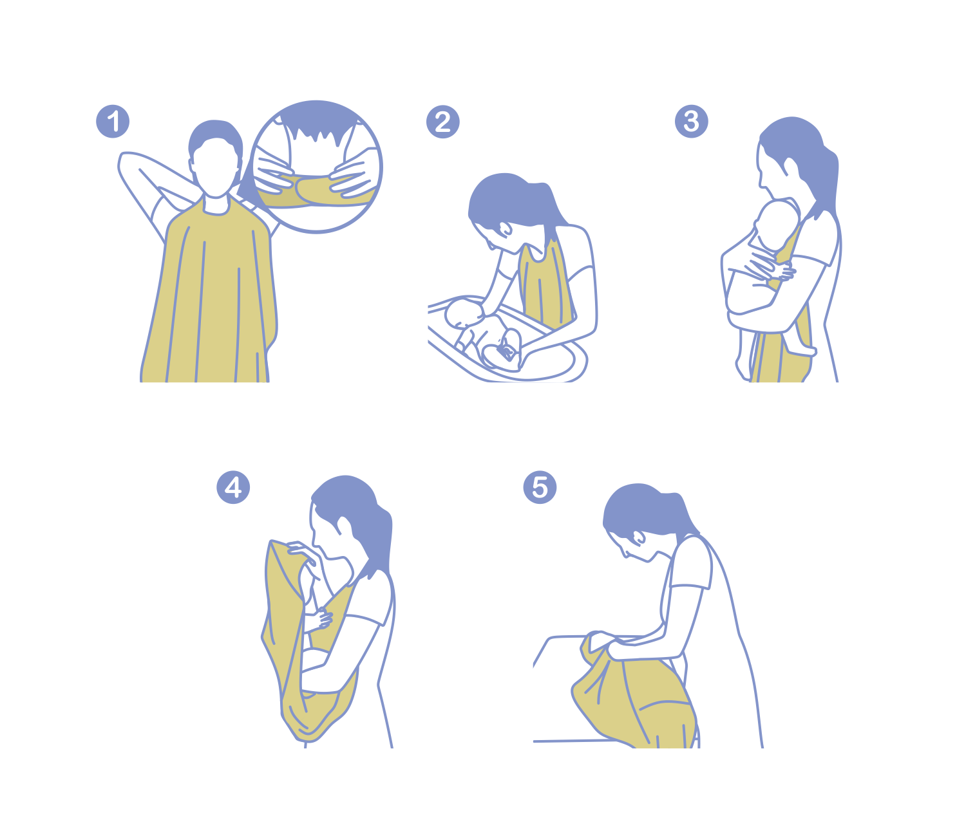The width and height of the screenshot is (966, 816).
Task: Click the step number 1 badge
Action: [x=113, y=122]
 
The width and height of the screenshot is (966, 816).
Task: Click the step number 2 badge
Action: [x=442, y=122]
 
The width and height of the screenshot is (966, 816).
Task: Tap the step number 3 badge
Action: [x=691, y=122]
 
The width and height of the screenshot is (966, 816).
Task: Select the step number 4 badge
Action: [x=233, y=487]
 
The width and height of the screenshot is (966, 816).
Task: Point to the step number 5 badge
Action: [x=540, y=487]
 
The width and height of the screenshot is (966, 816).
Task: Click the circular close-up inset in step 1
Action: [x=316, y=166]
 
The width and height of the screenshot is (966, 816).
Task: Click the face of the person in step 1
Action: [x=216, y=167]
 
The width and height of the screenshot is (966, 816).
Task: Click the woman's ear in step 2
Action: [x=505, y=228]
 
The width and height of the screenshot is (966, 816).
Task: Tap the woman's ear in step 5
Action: [x=639, y=537]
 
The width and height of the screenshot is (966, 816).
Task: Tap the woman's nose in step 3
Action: [x=761, y=178]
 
